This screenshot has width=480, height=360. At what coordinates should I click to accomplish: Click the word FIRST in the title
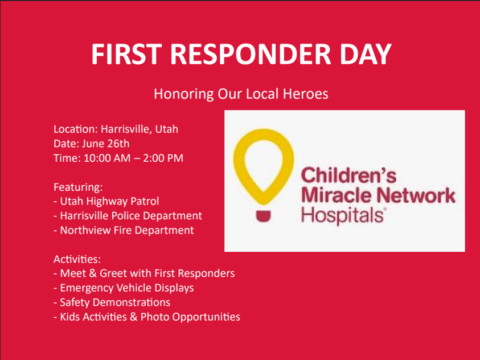click(x=126, y=54)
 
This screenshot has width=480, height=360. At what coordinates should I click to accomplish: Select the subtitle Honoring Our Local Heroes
click(x=241, y=93)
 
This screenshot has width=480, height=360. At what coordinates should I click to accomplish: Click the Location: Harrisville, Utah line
click(x=116, y=129)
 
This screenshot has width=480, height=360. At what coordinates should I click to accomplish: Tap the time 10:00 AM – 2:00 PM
click(x=133, y=158)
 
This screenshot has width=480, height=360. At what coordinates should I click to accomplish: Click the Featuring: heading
click(x=78, y=187)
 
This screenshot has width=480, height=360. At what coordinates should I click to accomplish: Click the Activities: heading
click(x=77, y=259)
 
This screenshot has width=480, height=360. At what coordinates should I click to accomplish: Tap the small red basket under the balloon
click(x=263, y=216)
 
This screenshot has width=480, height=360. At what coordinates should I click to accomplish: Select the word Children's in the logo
click(x=348, y=175)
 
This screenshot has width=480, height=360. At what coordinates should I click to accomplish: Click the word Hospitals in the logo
click(x=342, y=215)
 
